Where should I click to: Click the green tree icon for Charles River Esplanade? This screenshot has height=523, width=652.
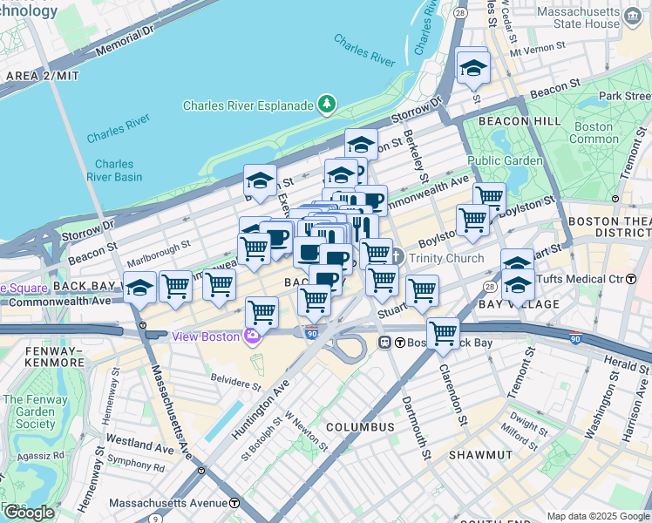(327, 105)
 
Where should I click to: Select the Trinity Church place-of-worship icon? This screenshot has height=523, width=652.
(397, 257)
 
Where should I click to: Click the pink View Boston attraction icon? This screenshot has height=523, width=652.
(253, 336)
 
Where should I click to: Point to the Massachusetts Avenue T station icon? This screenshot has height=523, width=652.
(234, 503)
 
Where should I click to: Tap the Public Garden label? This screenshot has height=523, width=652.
(505, 160)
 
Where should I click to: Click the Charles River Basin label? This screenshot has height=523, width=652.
(114, 170)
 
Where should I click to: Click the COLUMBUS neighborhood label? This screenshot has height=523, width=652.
(360, 427)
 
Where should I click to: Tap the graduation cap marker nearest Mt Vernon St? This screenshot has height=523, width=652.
(472, 67)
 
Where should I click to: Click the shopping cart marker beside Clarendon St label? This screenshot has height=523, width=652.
(444, 334)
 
